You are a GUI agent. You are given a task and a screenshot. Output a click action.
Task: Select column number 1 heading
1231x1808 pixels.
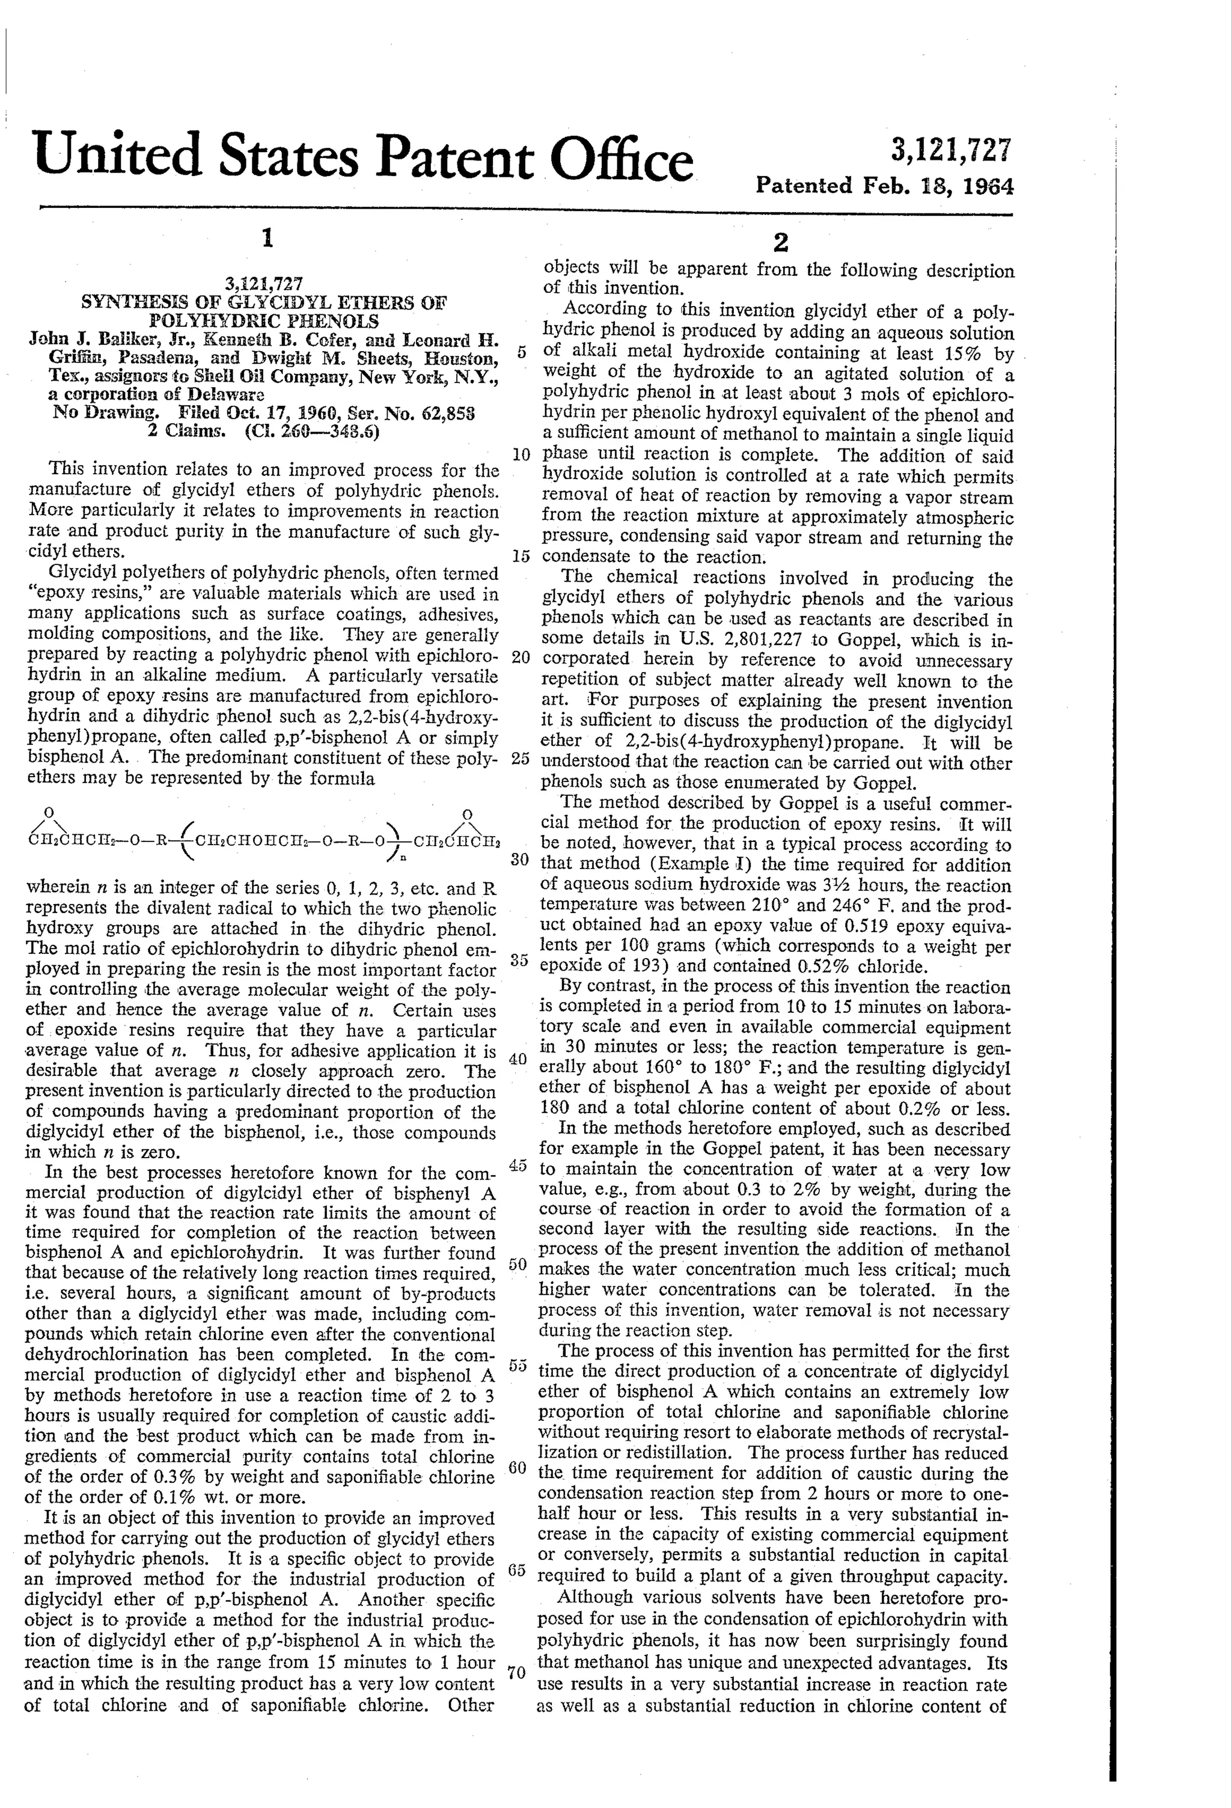tap(267, 238)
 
